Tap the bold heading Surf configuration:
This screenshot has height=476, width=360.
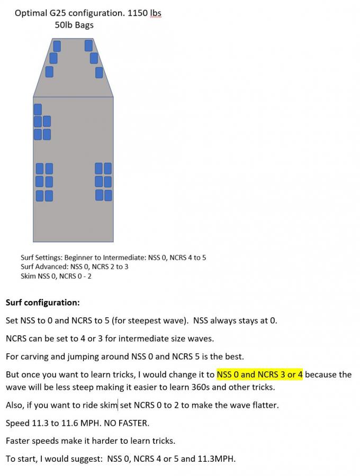pyautogui.click(x=42, y=303)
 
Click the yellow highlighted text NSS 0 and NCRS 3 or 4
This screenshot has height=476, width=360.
pyautogui.click(x=259, y=374)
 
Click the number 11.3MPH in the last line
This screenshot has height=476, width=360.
pyautogui.click(x=218, y=459)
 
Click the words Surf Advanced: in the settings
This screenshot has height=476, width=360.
pyautogui.click(x=44, y=267)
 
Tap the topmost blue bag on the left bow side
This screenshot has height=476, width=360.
pyautogui.click(x=57, y=46)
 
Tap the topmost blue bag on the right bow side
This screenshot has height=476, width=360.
pyautogui.click(x=88, y=45)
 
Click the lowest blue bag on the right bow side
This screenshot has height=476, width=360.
pyautogui.click(x=99, y=72)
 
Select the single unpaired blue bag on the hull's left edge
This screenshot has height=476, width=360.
pyautogui.click(x=38, y=109)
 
